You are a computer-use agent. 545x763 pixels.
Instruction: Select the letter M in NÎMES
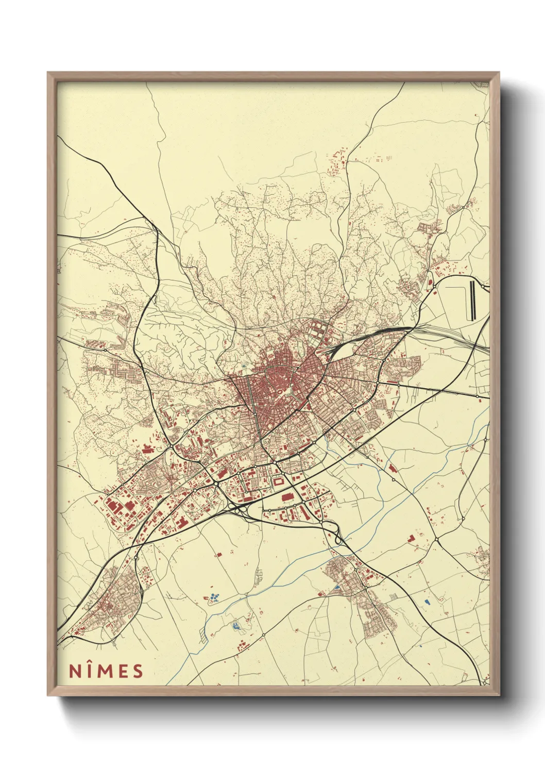pyautogui.click(x=106, y=671)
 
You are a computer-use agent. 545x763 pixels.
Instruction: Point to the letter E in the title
pyautogui.click(x=123, y=671)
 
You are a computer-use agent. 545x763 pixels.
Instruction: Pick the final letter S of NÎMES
pyautogui.click(x=137, y=671)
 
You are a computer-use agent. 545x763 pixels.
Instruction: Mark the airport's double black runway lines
pyautogui.click(x=472, y=300)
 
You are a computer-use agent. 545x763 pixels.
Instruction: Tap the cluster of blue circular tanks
pyautogui.click(x=213, y=598)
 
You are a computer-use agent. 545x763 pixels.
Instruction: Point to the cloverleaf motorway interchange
pyautogui.click(x=337, y=536)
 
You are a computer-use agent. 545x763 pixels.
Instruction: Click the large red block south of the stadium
pyautogui.click(x=287, y=497)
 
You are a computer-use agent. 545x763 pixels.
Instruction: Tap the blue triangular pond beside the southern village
pyautogui.click(x=337, y=587)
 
